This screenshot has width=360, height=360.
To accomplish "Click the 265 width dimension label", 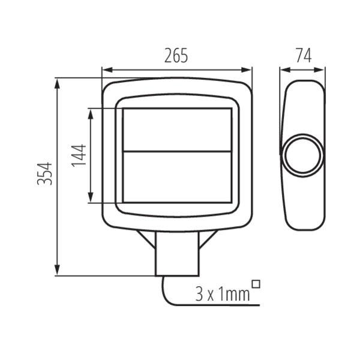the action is tap(176, 56).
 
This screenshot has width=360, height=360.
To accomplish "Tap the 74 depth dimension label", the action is tap(304, 56).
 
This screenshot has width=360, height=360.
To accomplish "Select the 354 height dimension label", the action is tap(44, 173).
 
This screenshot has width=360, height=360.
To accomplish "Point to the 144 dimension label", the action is tap(79, 155).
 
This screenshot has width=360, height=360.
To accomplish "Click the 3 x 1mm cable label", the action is tap(222, 295).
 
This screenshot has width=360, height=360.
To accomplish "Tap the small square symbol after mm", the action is tap(256, 284).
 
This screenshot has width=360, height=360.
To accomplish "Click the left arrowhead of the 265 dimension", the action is tap(107, 70).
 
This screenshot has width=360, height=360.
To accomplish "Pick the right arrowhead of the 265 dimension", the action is tap(246, 70).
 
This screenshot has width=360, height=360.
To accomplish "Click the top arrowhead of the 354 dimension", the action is tap(57, 83).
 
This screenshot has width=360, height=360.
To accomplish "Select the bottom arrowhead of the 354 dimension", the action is tap(57, 270).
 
